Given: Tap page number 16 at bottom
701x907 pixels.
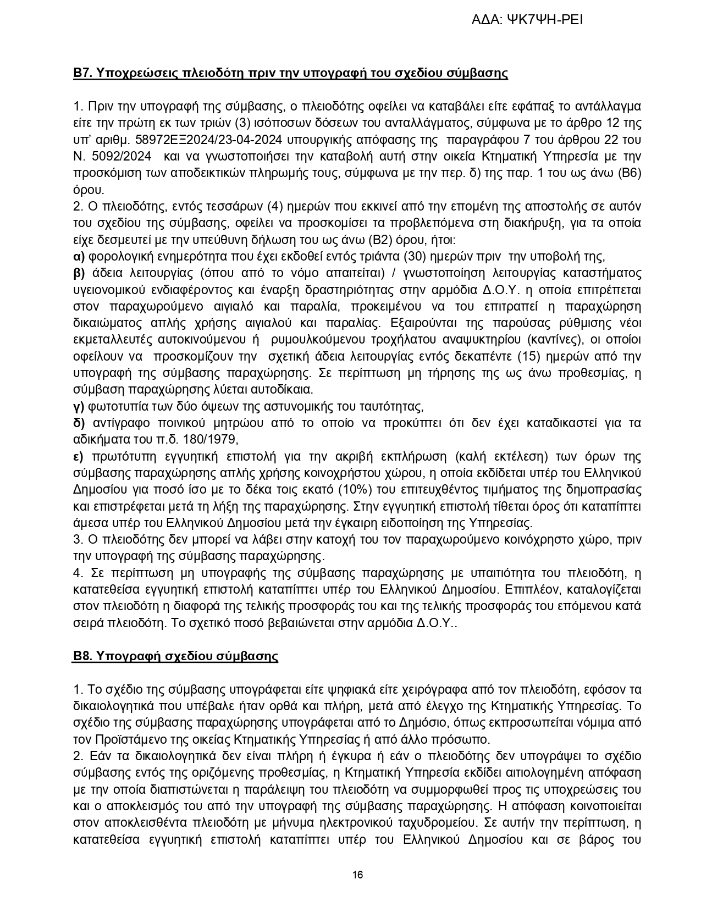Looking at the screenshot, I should pyautogui.click(x=357, y=875).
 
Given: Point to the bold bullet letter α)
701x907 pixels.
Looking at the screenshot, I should pyautogui.click(x=79, y=256).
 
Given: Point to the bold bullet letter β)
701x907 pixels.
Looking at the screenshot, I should pyautogui.click(x=79, y=273).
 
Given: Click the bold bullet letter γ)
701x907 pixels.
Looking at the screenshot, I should pyautogui.click(x=79, y=407).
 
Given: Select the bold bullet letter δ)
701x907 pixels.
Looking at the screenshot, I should pyautogui.click(x=79, y=423).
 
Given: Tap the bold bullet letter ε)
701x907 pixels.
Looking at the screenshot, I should pyautogui.click(x=79, y=457).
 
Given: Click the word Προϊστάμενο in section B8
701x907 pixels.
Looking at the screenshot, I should pyautogui.click(x=122, y=739).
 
